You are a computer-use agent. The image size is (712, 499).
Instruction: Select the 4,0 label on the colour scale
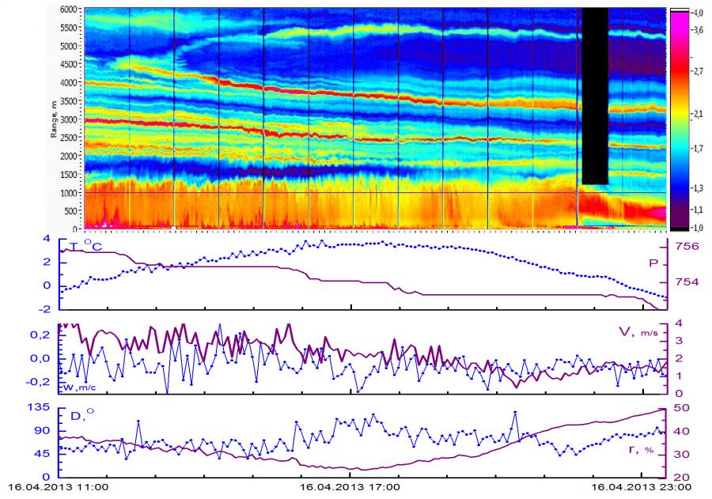699,13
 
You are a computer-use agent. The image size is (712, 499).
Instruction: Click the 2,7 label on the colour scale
699,71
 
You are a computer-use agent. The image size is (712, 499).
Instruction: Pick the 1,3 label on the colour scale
699,187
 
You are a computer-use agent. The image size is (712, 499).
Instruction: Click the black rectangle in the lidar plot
594,95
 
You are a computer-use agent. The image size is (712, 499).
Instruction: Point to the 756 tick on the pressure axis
688,246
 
